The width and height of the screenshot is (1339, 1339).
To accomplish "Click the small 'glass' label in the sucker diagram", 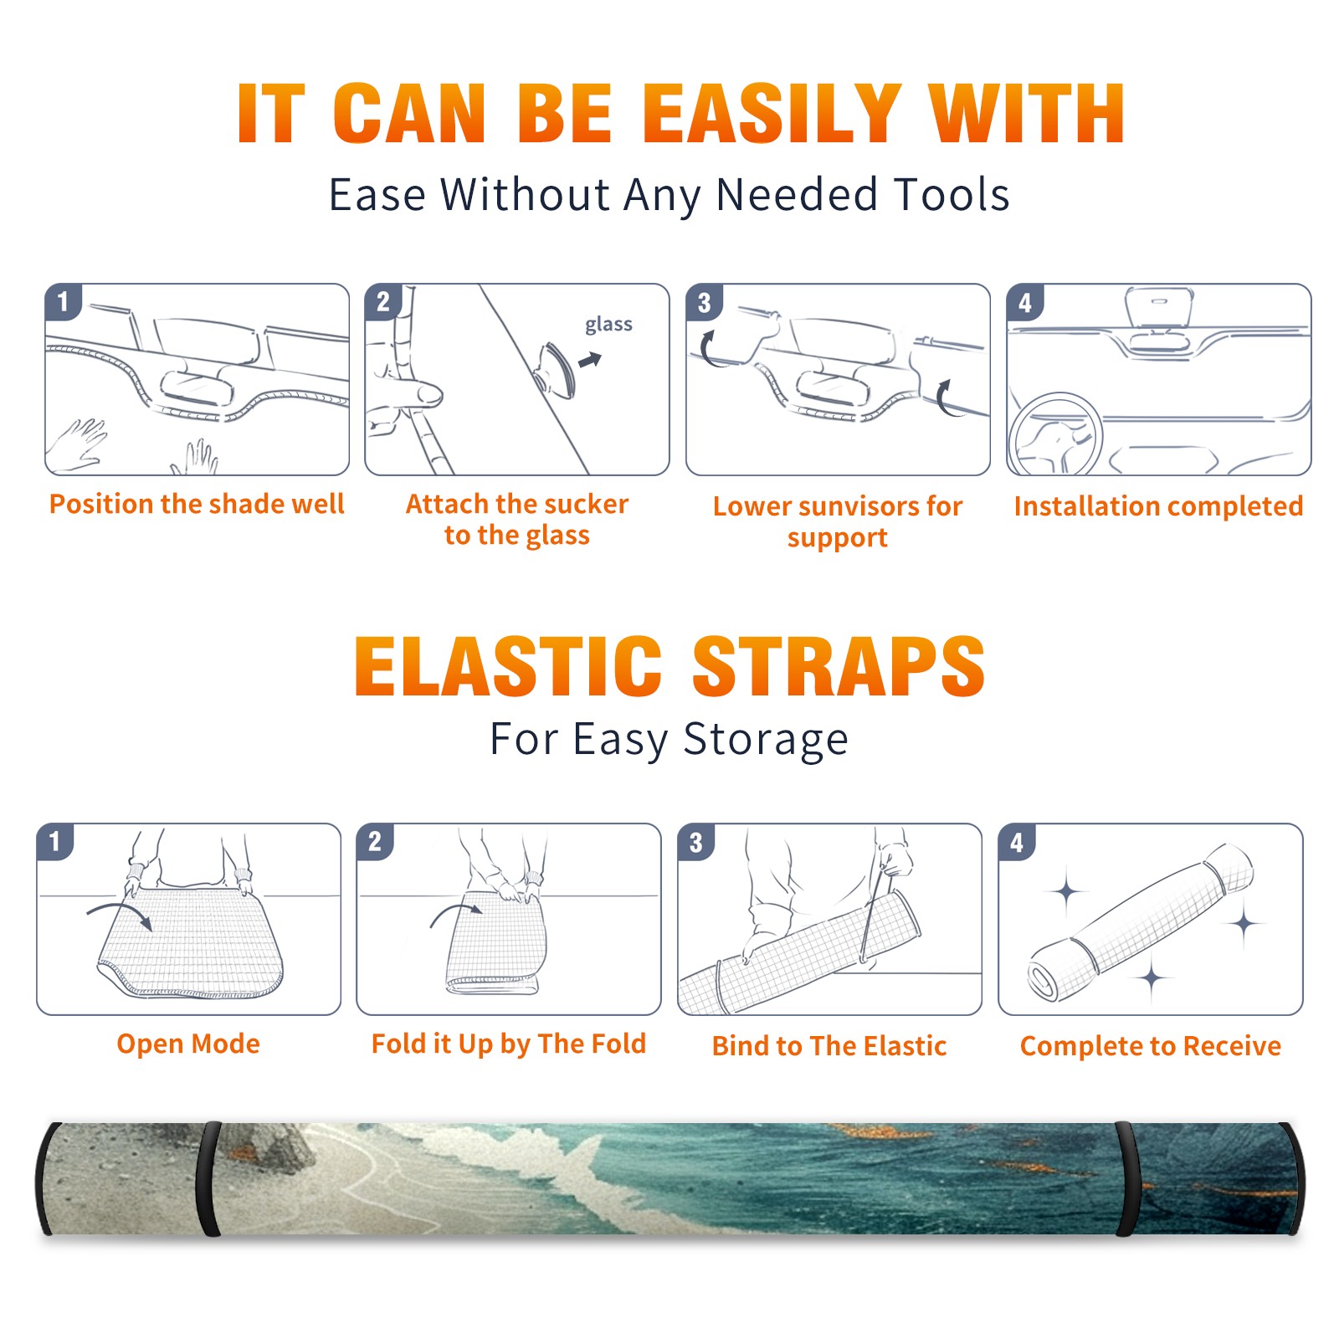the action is coord(608,325).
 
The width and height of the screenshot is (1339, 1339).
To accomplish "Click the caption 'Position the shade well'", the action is coord(197,504).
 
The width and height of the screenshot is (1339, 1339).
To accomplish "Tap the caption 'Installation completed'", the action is coord(1158,506).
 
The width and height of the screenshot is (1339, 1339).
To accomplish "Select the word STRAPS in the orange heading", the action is coord(839,666).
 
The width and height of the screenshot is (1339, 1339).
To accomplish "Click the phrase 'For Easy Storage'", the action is coord(669,740).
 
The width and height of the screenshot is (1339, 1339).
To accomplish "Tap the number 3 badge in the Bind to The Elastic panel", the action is coord(696,843).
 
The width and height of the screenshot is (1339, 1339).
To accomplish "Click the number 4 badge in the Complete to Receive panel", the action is coord(1017,843).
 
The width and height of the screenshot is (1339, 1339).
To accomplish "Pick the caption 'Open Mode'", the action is coord(188,1044).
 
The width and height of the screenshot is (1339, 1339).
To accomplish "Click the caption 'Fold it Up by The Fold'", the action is coord(509,1044).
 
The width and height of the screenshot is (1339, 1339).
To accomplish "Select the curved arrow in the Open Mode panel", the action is coord(119,911).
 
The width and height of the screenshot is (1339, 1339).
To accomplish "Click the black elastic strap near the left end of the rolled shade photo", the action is coord(208,1178).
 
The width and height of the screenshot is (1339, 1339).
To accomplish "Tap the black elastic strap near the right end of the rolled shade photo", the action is coord(1126,1178).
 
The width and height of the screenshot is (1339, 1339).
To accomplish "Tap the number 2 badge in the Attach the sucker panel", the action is coord(383,302).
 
